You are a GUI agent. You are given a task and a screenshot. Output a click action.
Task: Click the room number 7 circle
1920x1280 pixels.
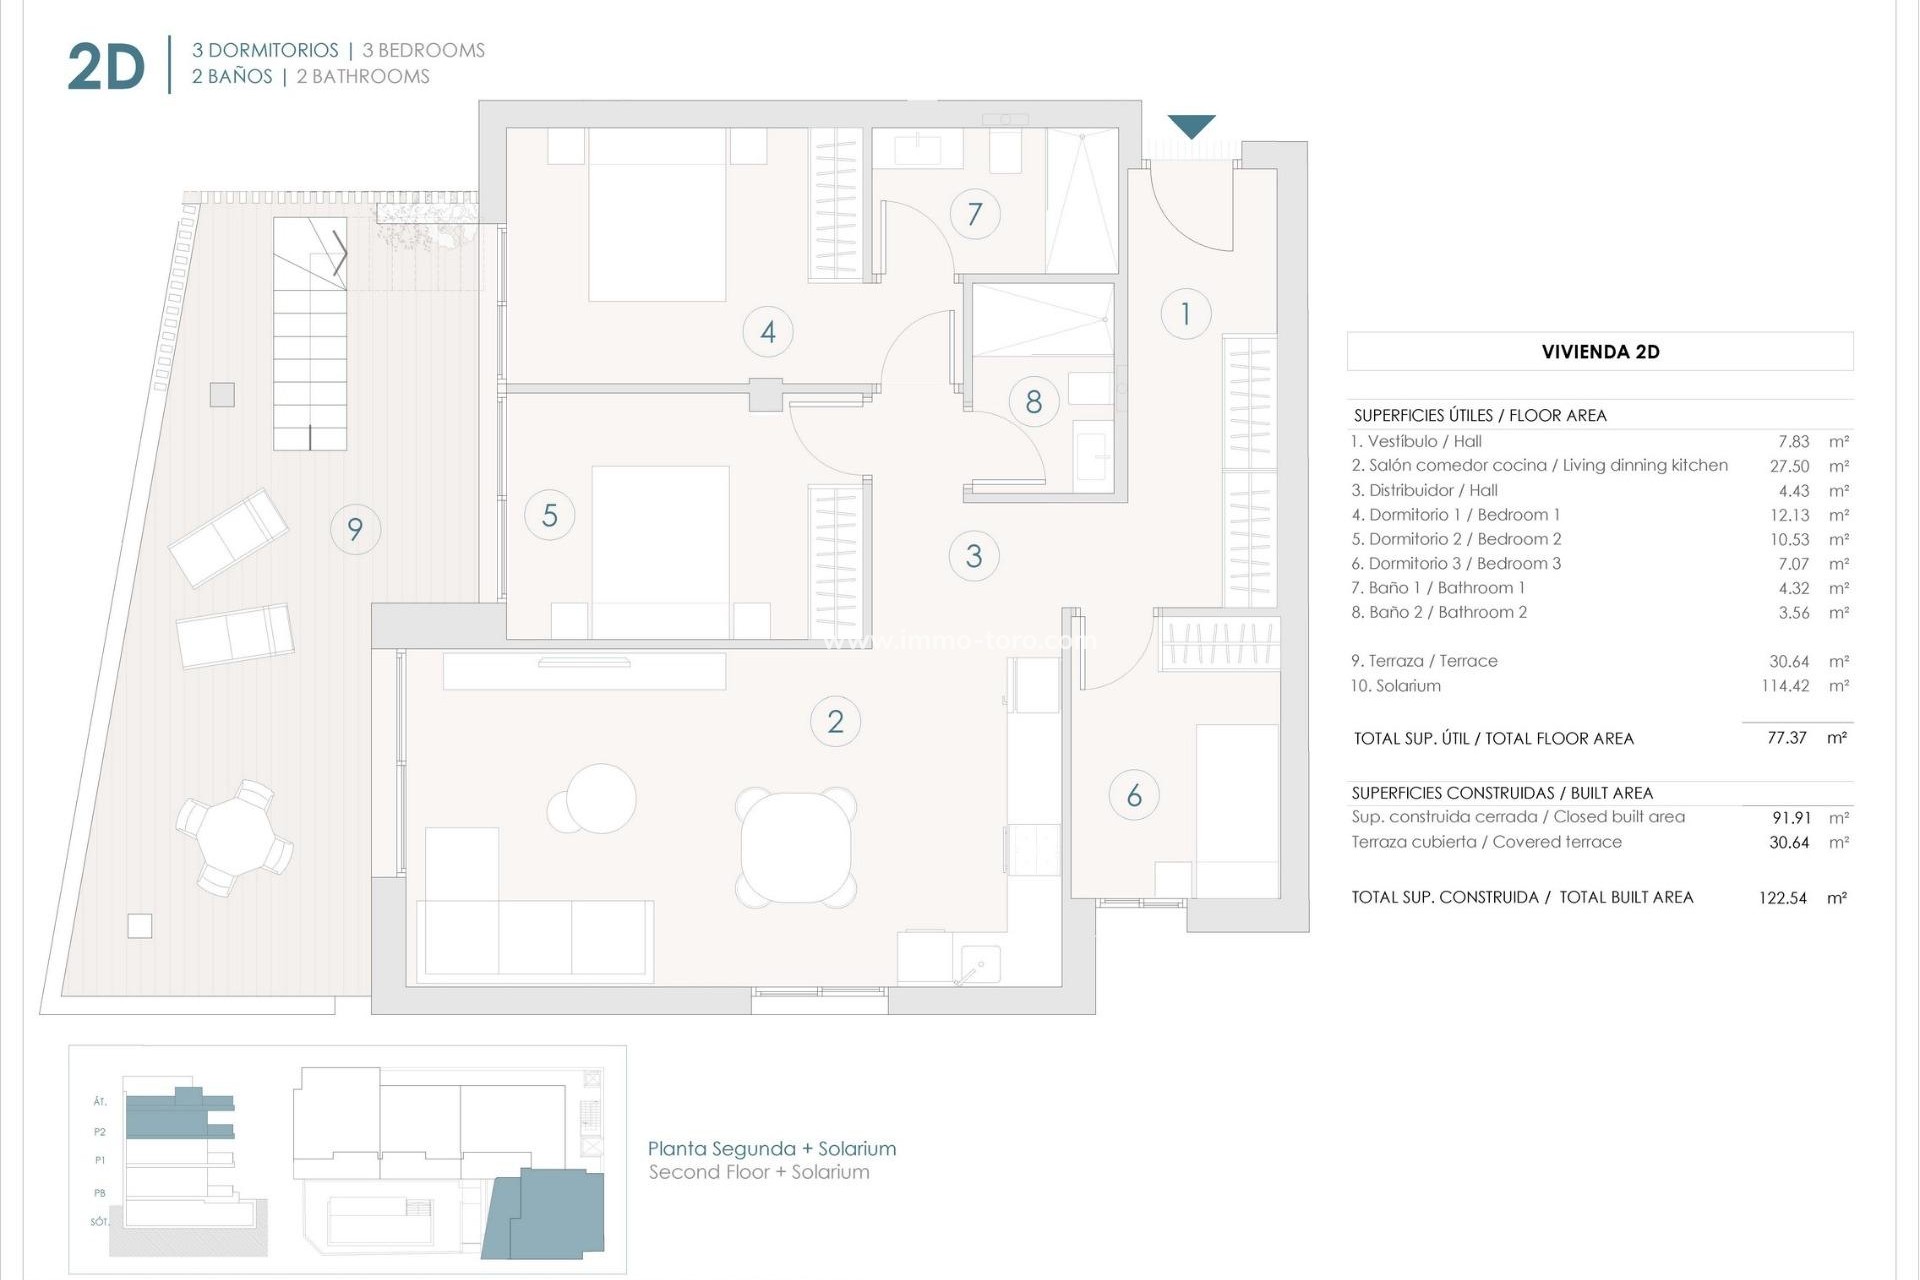pos(975,213)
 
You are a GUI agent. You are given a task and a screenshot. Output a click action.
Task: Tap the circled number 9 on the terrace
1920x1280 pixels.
pos(355,529)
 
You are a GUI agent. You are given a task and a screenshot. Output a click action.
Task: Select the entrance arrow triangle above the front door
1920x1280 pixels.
pos(1192,127)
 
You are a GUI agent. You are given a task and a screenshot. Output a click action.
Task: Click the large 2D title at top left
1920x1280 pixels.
pos(106,68)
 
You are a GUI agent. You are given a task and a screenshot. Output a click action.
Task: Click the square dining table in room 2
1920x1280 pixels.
pos(796,847)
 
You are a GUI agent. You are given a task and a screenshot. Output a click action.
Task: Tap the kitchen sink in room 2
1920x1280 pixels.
pos(975,964)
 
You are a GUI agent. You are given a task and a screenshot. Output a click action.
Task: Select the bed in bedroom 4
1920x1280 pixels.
pos(657,214)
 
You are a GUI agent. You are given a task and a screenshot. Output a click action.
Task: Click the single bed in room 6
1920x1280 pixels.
pos(1237,810)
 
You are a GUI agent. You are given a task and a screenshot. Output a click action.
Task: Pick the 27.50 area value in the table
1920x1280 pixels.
pos(1789,466)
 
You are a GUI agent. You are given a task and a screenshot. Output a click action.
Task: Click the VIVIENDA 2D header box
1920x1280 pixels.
pos(1600,352)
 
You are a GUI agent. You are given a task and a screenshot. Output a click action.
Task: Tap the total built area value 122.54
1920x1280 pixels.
pos(1782,898)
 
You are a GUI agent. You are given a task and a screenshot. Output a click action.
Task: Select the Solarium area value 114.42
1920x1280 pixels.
pos(1784,686)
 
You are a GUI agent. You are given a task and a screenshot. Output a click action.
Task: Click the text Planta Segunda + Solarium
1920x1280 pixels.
pos(772,1149)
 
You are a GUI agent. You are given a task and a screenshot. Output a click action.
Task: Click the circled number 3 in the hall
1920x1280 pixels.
pos(974,556)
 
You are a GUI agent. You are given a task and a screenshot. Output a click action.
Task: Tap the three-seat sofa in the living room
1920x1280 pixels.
pos(535,937)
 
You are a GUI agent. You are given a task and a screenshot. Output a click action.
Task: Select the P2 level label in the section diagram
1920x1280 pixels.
pos(100,1132)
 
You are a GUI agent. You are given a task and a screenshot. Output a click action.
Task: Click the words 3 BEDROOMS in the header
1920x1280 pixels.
pos(424,50)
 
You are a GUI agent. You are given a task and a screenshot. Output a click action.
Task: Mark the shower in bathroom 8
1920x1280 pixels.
pos(1042,319)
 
